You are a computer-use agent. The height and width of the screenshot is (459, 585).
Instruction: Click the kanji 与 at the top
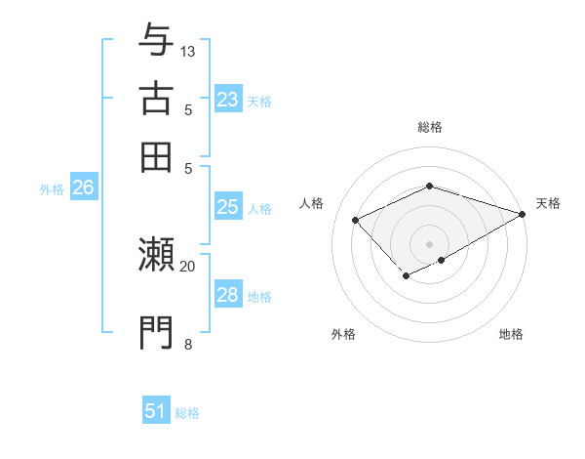point(156,41)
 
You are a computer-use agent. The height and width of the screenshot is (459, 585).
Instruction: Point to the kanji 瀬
point(156,256)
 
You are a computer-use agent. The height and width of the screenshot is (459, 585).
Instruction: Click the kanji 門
point(156,332)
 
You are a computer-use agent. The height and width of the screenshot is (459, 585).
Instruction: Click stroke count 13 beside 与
point(188,51)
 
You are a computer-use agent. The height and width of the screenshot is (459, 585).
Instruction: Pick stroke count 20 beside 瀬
point(188,266)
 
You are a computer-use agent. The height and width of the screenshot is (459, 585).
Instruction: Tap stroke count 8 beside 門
point(188,343)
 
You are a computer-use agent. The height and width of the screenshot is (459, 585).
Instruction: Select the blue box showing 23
point(227,100)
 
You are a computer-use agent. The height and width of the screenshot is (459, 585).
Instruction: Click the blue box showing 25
point(227,207)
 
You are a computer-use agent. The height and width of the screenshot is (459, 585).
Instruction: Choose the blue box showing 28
point(227,295)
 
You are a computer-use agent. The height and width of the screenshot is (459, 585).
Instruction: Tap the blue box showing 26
point(83,188)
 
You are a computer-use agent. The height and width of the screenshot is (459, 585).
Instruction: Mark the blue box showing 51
point(156,411)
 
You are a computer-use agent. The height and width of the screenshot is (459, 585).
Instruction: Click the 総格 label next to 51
point(187,413)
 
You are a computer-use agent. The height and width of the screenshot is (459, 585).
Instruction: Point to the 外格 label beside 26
point(52,190)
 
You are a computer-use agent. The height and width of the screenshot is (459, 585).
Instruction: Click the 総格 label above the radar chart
point(429,127)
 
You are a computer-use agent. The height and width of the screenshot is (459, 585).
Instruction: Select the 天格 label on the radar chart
point(548,203)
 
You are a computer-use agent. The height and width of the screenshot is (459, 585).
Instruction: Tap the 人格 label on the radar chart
point(312,203)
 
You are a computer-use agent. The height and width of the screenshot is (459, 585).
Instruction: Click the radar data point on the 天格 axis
point(524,214)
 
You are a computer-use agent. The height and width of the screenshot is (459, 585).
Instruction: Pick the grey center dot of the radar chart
point(429,244)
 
